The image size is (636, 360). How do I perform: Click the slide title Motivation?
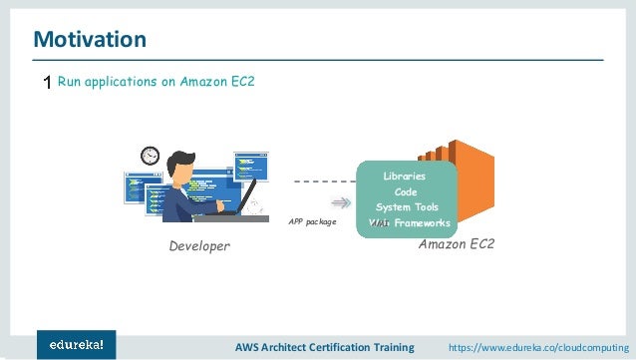click(90, 40)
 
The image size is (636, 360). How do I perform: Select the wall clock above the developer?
click(151, 155)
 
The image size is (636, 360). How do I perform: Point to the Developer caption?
click(197, 245)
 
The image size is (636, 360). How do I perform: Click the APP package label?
click(312, 222)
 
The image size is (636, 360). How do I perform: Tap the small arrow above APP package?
click(340, 202)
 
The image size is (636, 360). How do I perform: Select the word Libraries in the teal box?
click(404, 176)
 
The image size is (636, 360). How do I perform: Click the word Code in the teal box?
click(406, 191)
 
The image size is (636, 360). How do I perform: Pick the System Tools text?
click(406, 206)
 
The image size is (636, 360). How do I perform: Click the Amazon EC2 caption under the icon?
click(456, 244)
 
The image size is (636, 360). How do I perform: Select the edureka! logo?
click(76, 344)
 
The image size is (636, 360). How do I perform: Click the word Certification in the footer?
click(342, 346)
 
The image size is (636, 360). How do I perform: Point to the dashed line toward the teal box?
click(325, 182)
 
